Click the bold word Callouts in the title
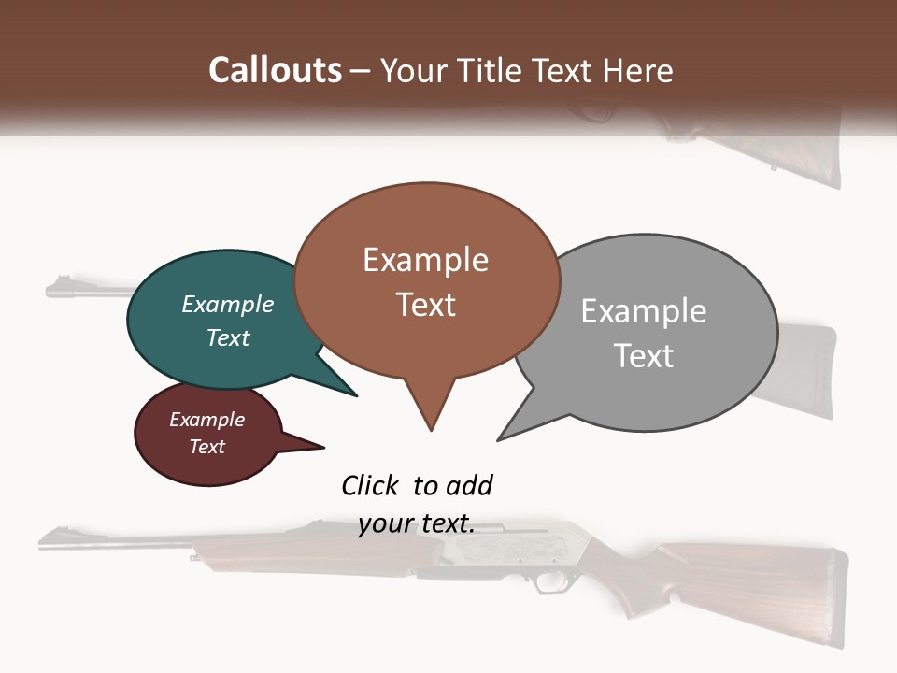[x=275, y=70]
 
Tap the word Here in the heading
[x=638, y=70]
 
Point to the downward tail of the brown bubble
[x=430, y=411]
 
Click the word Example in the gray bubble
[x=643, y=311]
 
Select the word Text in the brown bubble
[x=426, y=305]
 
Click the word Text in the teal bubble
[x=228, y=337]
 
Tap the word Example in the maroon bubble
[x=206, y=420]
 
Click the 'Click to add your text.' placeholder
[x=417, y=504]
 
